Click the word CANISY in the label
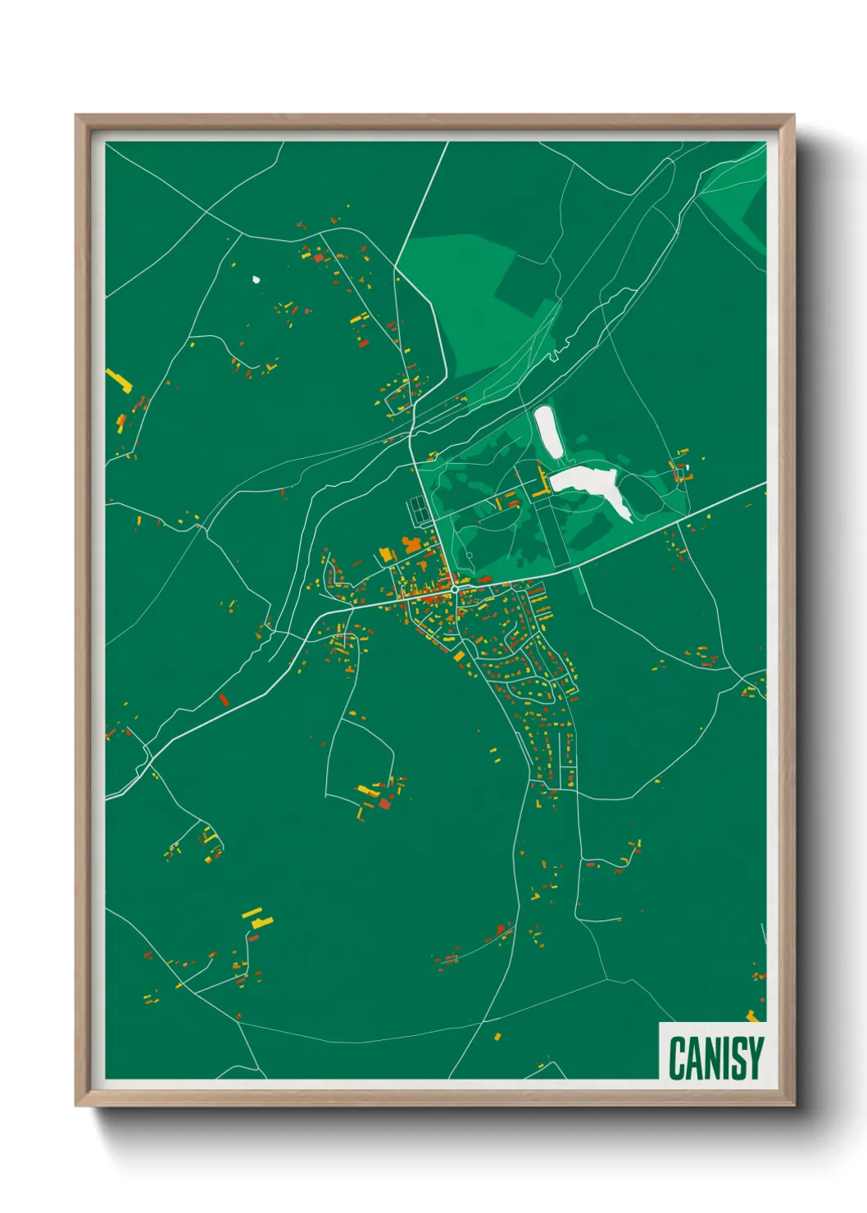(715, 1058)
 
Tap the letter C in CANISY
(678, 1058)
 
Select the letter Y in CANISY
(756, 1058)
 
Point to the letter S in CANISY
(738, 1058)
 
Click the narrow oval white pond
(547, 431)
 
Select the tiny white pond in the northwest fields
(256, 279)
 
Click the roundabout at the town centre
(454, 588)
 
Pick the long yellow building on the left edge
(119, 380)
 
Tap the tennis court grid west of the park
(419, 511)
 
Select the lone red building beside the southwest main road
(223, 700)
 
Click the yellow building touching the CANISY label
(752, 1016)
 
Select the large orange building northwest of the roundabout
(411, 544)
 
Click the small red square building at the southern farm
(384, 803)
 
